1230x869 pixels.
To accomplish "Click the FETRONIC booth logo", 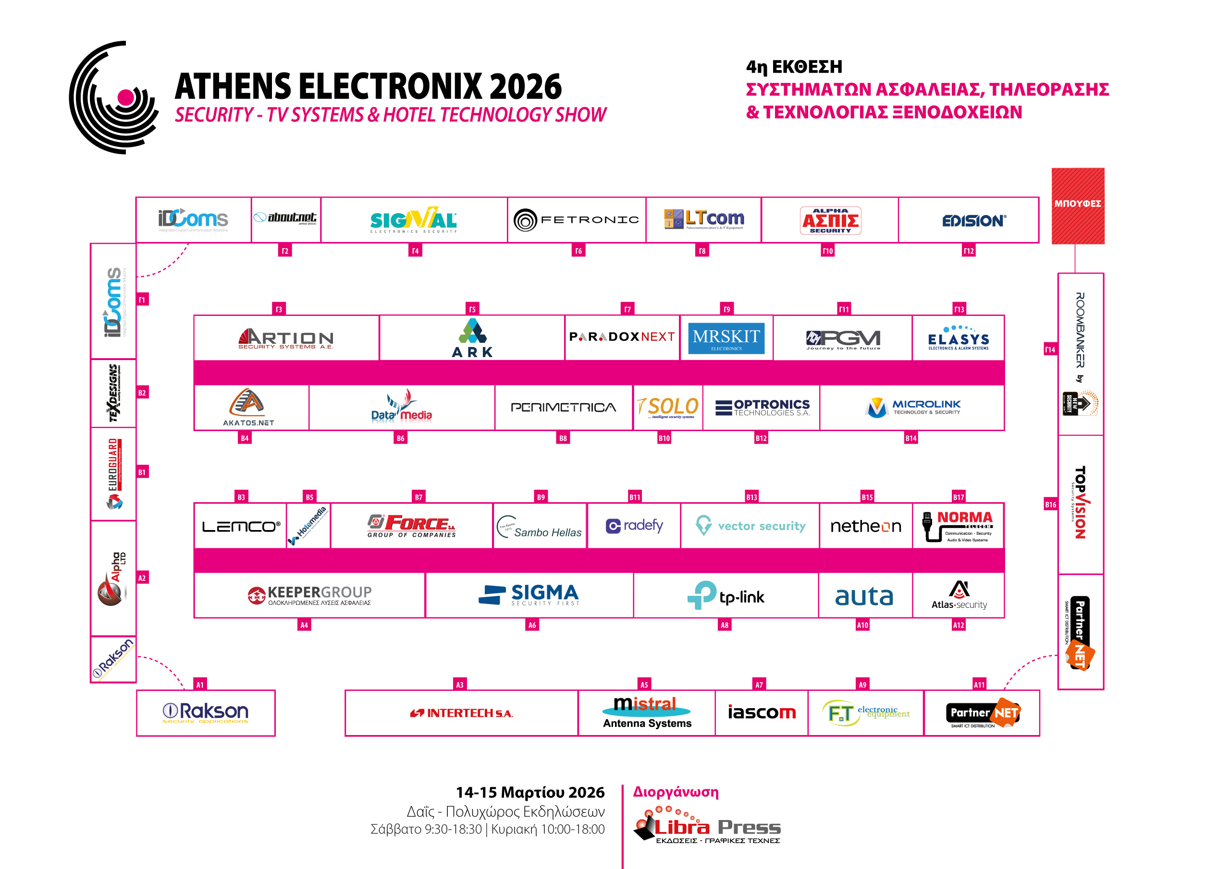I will point(576,219).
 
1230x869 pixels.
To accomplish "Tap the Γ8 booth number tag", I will point(702,251).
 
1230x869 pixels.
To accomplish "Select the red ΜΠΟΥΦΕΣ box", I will point(1077,205).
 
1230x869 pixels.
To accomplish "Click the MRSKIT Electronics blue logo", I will point(726,338).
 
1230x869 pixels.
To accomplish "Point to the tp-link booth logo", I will point(726,595).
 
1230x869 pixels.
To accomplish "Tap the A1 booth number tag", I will point(200,684).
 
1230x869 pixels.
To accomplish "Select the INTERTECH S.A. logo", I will point(461,713).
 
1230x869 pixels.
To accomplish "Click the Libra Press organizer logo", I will point(707,827).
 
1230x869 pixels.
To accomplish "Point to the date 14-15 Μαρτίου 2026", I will point(530,792).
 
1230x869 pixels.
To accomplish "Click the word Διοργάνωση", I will point(676,791).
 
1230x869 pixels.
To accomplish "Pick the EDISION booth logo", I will point(974,220).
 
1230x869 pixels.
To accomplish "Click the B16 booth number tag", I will point(1050,505).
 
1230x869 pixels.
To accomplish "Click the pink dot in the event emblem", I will point(126,97).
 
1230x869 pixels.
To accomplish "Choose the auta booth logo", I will point(864,596).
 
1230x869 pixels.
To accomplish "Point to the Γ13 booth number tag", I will point(959,309).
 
